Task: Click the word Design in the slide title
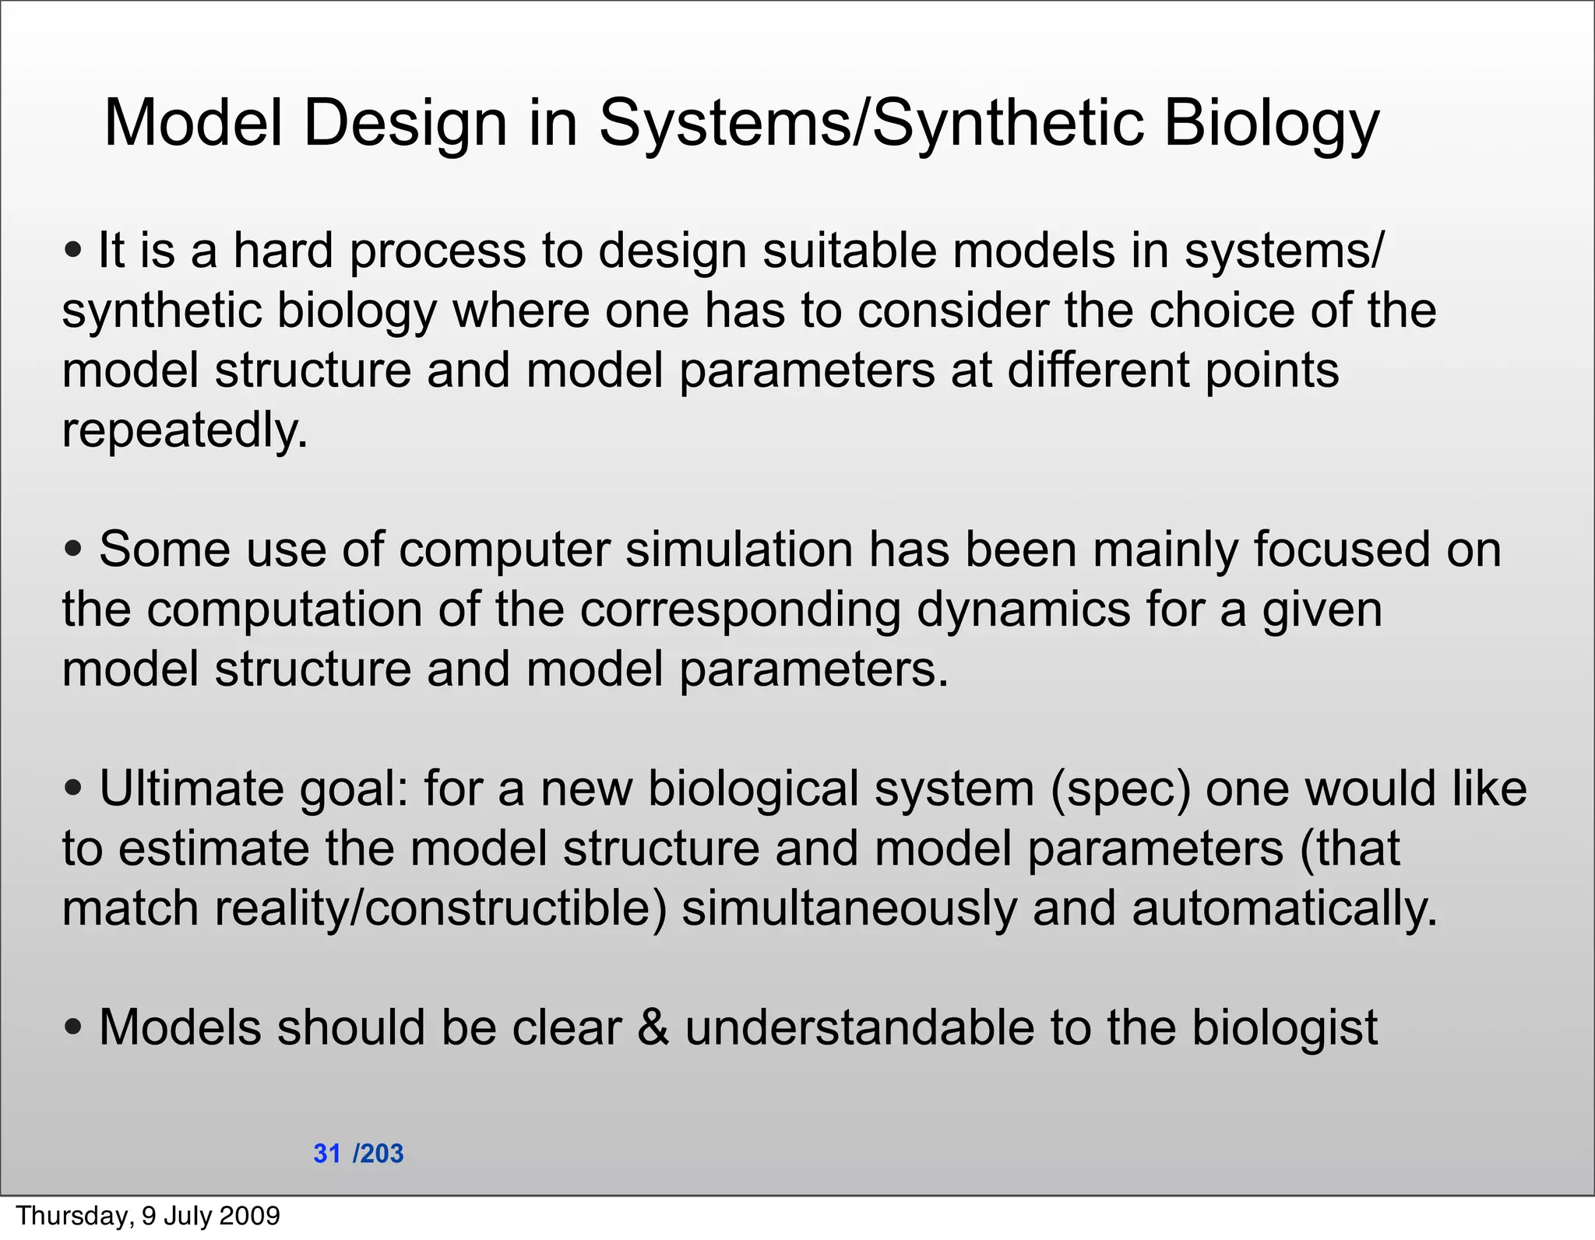[x=405, y=124]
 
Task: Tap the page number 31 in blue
[x=327, y=1154]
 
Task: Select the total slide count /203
[x=379, y=1154]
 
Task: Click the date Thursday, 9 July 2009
[x=148, y=1216]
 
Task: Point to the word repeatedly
[x=185, y=430]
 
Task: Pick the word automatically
[x=1284, y=909]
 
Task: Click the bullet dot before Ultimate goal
[x=74, y=789]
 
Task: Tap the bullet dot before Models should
[x=74, y=1028]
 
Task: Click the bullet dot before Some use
[x=74, y=550]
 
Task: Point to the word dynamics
[x=1023, y=610]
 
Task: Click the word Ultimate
[x=192, y=789]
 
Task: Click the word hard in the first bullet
[x=283, y=251]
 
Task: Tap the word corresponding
[x=740, y=610]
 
